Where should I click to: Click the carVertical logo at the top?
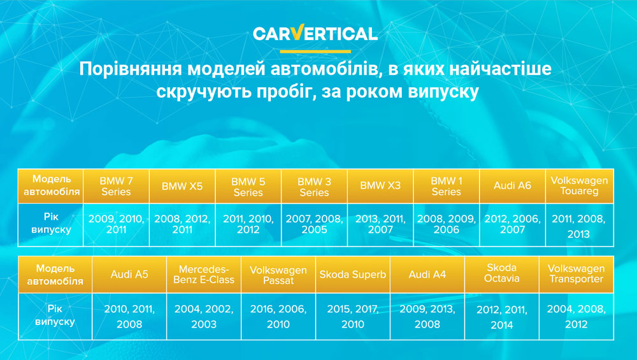pos(315,33)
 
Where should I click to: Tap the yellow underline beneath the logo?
pos(315,52)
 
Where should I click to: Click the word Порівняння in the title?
pos(131,69)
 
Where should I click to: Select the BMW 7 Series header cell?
pos(116,186)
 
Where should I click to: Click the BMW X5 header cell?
pos(182,186)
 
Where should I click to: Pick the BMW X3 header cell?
pos(380,186)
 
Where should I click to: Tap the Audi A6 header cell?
pos(512,186)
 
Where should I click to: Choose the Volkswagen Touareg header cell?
pos(579,186)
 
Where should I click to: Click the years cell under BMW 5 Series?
pos(248,225)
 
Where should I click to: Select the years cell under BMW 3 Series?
pos(315,225)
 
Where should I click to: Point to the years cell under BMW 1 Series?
pos(447,225)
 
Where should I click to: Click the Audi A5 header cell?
pos(129,275)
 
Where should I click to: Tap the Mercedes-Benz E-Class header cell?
pos(204,275)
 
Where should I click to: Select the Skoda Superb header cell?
pos(353,275)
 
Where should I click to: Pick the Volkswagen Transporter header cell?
pos(576,275)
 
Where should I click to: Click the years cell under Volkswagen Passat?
pos(278,317)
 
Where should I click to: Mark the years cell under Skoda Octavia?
pos(502,317)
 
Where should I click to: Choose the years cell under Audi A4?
pos(427,317)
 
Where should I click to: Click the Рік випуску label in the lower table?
pos(55,315)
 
